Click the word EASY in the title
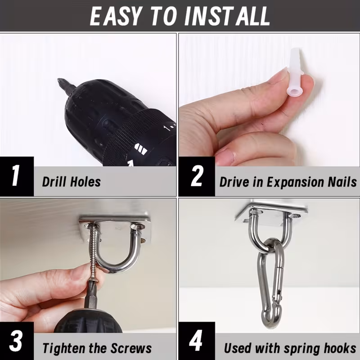point(115,16)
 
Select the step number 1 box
point(17,176)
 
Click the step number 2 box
point(197,176)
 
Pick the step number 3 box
point(17,341)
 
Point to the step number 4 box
point(197,341)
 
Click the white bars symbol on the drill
point(140,149)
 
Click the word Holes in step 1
point(85,181)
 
